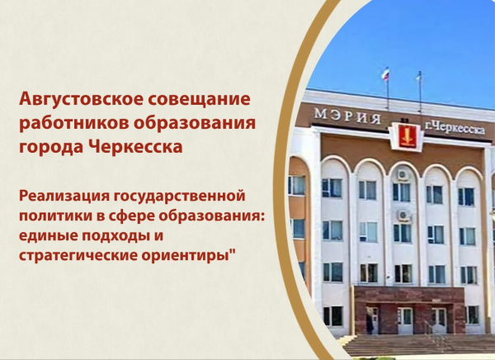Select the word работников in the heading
73,124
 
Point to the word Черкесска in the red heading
135,147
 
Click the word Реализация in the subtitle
64,196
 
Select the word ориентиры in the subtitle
184,256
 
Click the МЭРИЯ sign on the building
347,116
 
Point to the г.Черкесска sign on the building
455,128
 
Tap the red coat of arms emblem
406,136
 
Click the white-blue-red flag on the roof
385,74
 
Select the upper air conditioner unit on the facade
403,174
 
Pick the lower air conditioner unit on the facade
403,216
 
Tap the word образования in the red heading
194,123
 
